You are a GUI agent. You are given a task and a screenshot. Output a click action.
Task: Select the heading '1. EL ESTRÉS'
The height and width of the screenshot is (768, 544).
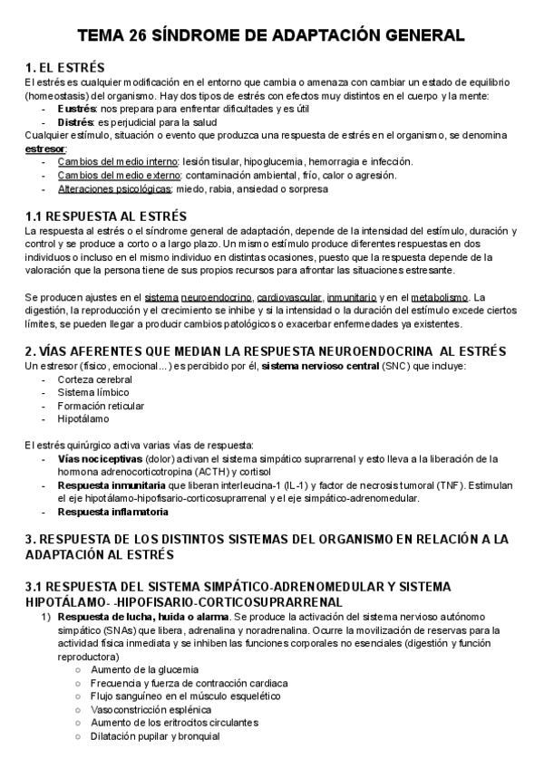point(65,68)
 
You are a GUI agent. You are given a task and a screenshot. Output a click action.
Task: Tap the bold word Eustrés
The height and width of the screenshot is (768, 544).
point(77,109)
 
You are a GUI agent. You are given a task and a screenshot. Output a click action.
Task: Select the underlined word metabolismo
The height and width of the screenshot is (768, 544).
point(441,296)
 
